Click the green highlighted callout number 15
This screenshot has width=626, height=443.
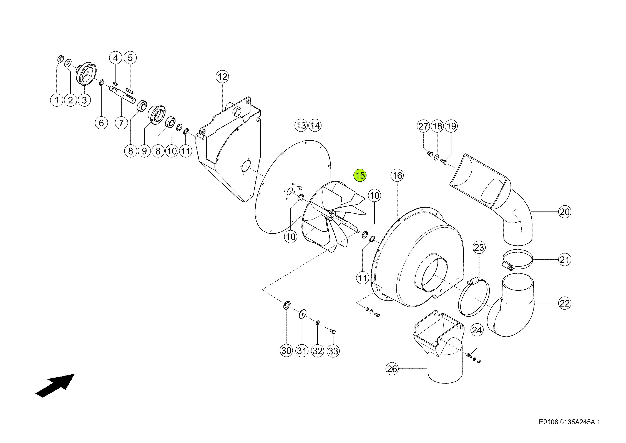pyautogui.click(x=360, y=175)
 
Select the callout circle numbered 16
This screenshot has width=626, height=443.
pyautogui.click(x=397, y=175)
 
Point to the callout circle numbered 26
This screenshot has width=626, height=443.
pyautogui.click(x=392, y=369)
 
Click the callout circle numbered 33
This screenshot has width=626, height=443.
pyautogui.click(x=333, y=351)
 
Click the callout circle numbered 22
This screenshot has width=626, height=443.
pyautogui.click(x=565, y=303)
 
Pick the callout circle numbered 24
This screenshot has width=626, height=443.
pyautogui.click(x=477, y=330)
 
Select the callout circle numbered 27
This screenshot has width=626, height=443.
pyautogui.click(x=423, y=126)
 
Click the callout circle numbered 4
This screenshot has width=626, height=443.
pyautogui.click(x=116, y=58)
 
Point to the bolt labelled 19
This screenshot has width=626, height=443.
pyautogui.click(x=444, y=162)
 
